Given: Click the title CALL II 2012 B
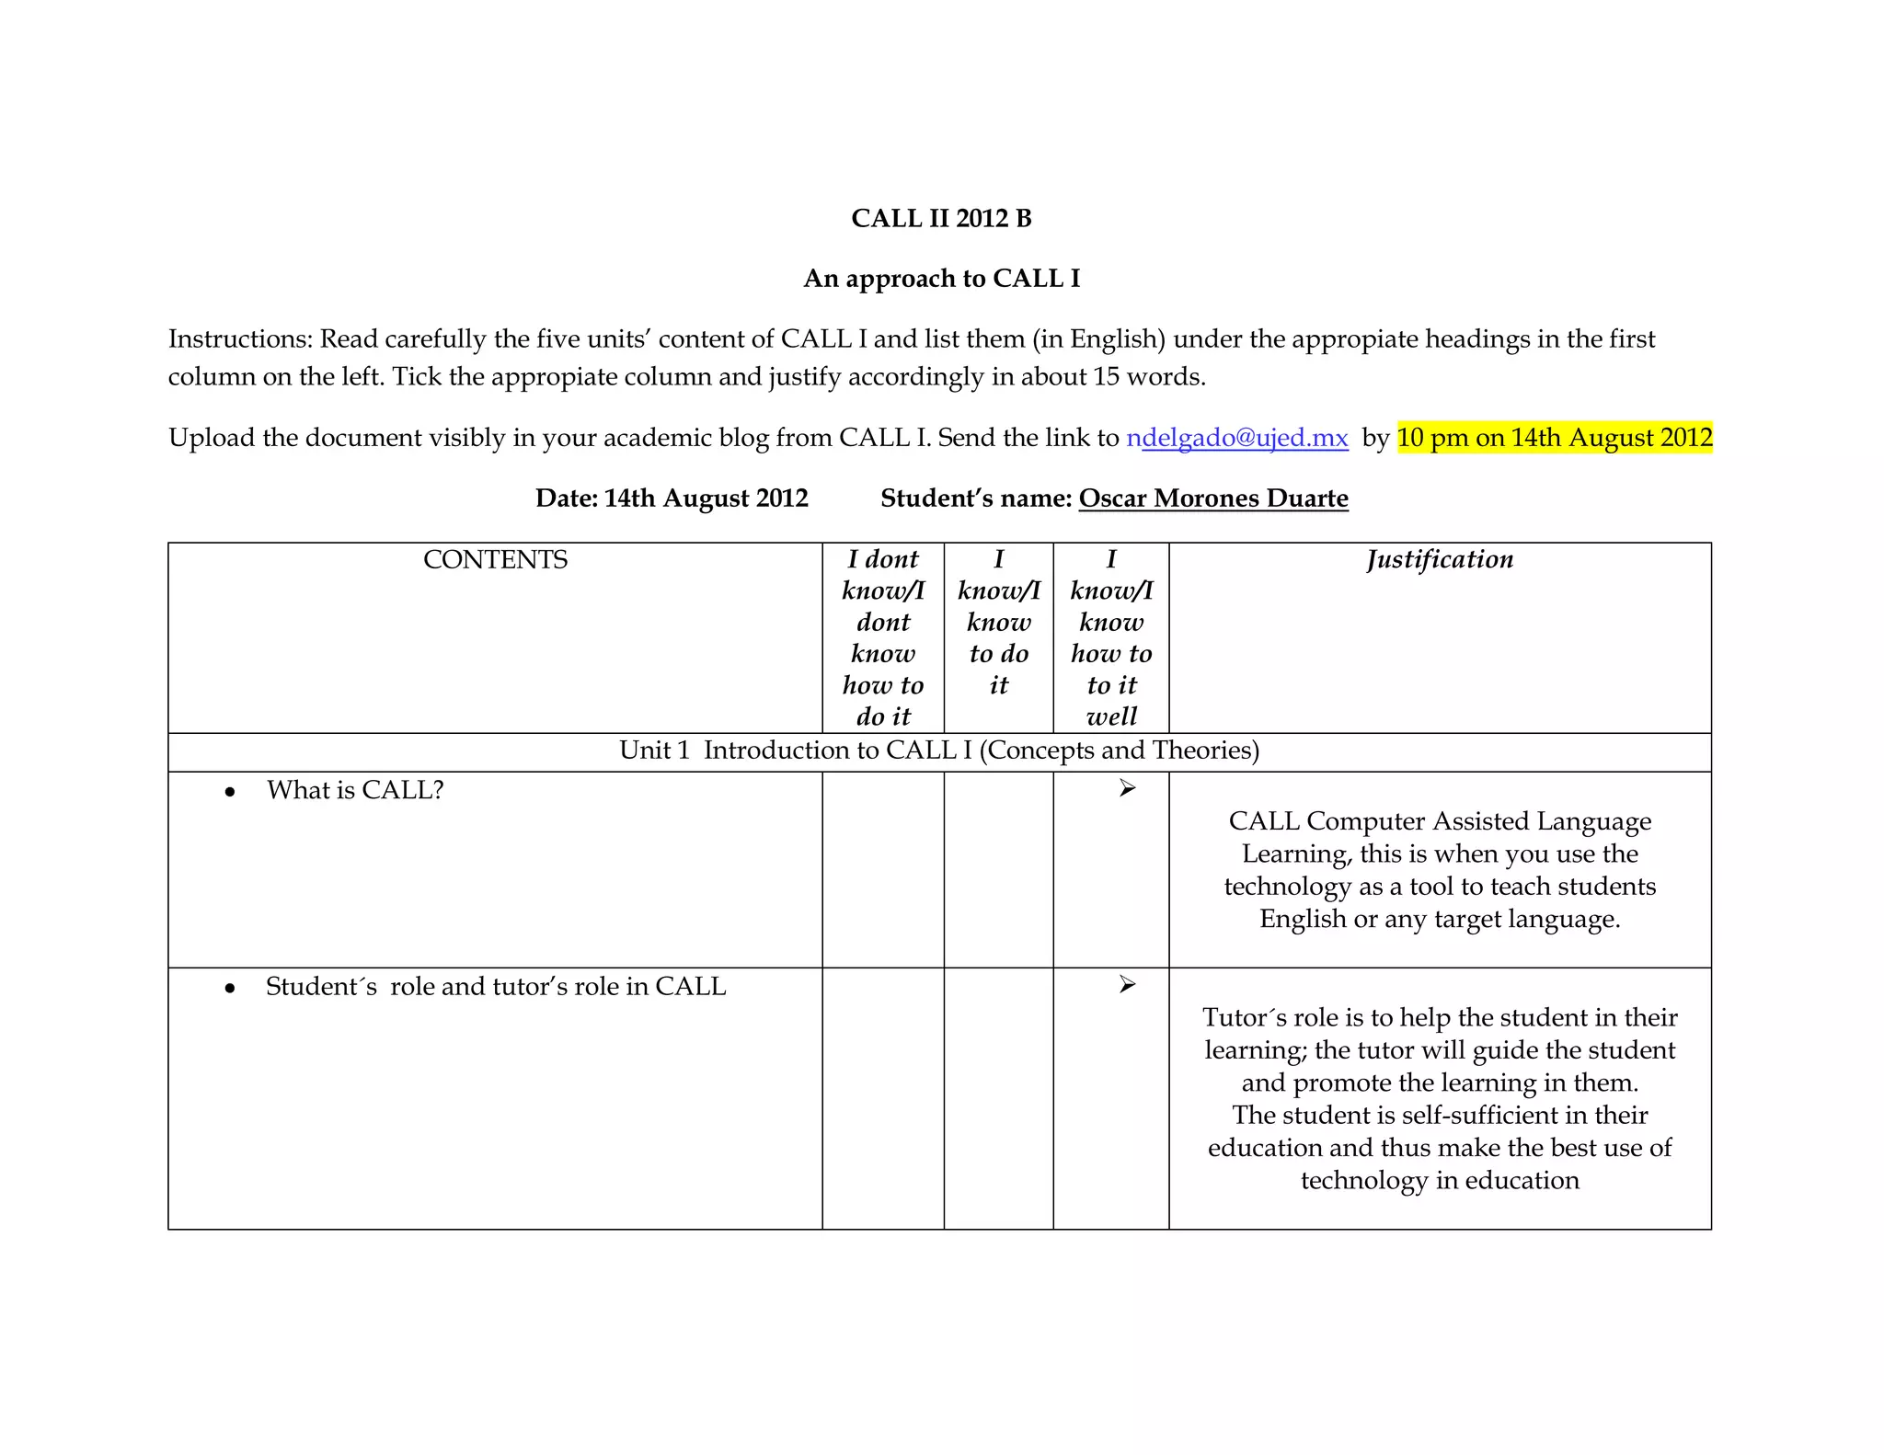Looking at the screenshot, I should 941,219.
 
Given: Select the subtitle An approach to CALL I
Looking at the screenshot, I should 941,279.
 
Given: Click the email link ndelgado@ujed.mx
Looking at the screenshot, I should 1237,438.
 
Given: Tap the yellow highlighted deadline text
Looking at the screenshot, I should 1554,438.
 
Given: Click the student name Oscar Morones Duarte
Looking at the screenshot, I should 1212,498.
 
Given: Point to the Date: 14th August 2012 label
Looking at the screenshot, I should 672,498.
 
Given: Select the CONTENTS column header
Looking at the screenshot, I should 495,560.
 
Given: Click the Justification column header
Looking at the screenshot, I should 1440,560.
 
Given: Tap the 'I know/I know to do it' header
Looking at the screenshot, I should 998,622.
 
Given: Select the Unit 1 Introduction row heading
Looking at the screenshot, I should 939,751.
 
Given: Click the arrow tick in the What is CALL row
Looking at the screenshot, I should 1127,789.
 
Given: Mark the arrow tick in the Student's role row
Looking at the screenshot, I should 1127,985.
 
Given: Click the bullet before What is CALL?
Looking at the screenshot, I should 230,792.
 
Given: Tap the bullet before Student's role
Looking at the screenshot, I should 230,989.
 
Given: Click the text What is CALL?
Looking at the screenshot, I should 355,791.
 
